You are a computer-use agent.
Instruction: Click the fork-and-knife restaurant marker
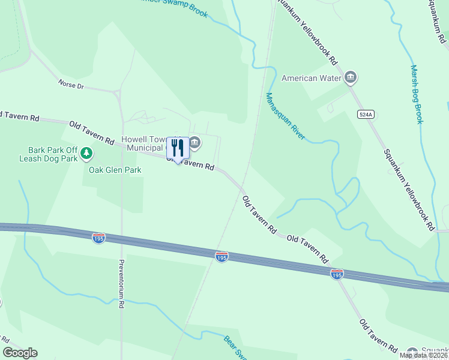(178, 148)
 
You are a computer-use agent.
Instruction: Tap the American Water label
(311, 78)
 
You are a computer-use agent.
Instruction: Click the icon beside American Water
(351, 77)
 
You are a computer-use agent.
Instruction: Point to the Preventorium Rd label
(121, 284)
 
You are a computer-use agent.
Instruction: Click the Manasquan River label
(286, 116)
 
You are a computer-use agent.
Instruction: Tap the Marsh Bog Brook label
(417, 94)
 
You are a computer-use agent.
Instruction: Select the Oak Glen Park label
(115, 170)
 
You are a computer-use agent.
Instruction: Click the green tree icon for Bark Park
(87, 154)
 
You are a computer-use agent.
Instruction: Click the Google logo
(20, 353)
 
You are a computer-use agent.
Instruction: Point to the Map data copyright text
(424, 355)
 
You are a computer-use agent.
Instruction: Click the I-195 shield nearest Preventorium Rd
(99, 238)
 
